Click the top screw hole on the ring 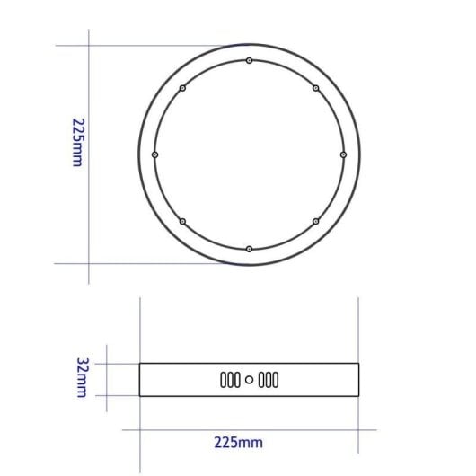click(x=249, y=61)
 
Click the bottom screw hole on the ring click(x=249, y=248)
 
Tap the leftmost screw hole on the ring click(x=155, y=154)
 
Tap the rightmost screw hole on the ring click(x=343, y=154)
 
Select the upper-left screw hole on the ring click(x=182, y=88)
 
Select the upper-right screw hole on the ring click(x=315, y=88)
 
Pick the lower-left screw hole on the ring click(x=182, y=221)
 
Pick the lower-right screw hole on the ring click(x=315, y=221)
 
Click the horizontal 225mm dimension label click(x=239, y=442)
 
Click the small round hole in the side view click(x=250, y=380)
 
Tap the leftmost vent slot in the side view click(x=223, y=380)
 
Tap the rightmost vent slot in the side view click(x=277, y=380)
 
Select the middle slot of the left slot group click(x=231, y=380)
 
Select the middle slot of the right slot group click(x=269, y=380)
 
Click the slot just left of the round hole click(x=239, y=380)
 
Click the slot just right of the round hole click(x=260, y=380)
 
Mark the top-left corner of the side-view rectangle click(x=140, y=364)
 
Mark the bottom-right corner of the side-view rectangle click(x=358, y=396)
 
